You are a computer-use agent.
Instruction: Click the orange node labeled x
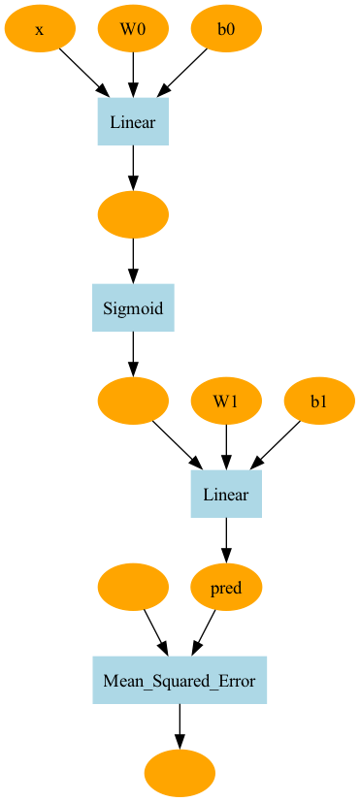click(x=40, y=29)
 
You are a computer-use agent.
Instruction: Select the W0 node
click(x=133, y=29)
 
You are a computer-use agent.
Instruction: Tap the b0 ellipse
click(x=226, y=29)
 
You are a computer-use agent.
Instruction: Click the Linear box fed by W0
click(x=133, y=122)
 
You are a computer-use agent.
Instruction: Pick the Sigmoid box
click(x=133, y=308)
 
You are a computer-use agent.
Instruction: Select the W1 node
click(x=226, y=401)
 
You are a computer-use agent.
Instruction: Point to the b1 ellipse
click(x=319, y=401)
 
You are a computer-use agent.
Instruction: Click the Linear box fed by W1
click(x=226, y=494)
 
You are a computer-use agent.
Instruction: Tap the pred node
click(x=226, y=587)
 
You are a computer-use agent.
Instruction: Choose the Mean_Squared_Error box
click(x=180, y=680)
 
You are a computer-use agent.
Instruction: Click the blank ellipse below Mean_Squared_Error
click(x=180, y=773)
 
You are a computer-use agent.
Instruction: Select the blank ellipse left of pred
click(x=133, y=587)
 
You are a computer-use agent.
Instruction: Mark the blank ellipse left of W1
click(x=133, y=401)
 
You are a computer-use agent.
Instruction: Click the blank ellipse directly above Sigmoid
click(x=133, y=215)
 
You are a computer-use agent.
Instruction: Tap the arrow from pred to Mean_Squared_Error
click(x=204, y=632)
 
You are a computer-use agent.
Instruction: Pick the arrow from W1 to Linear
click(x=226, y=447)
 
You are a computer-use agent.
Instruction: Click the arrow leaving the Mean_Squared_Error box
click(x=180, y=726)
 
